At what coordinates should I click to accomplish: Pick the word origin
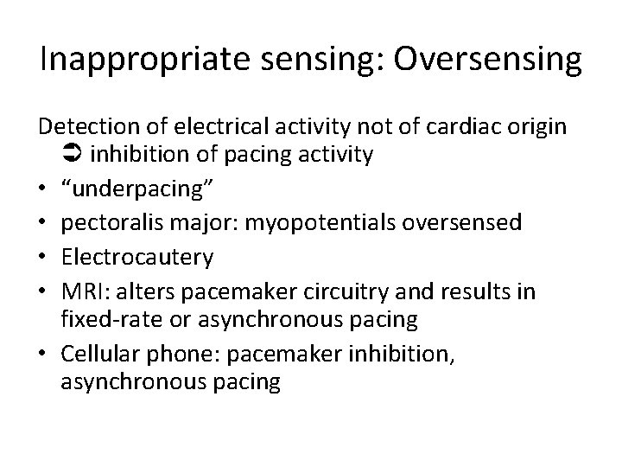pyautogui.click(x=537, y=127)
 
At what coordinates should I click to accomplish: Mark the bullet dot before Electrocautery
pyautogui.click(x=43, y=257)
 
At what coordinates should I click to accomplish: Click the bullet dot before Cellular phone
pyautogui.click(x=43, y=353)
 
